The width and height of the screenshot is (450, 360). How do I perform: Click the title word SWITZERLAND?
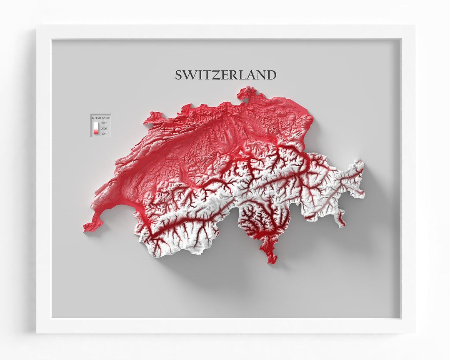pyautogui.click(x=225, y=75)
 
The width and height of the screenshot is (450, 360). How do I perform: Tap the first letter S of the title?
pyautogui.click(x=179, y=75)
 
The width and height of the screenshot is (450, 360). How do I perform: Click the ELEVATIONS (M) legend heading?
pyautogui.click(x=100, y=118)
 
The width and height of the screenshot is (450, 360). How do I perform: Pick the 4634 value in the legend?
pyautogui.click(x=104, y=123)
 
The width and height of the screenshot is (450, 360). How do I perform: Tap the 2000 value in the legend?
pyautogui.click(x=104, y=128)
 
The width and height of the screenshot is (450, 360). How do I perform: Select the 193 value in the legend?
pyautogui.click(x=103, y=133)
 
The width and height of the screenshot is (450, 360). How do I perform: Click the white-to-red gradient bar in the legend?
pyautogui.click(x=95, y=128)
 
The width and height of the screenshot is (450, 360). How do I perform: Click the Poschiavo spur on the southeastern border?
pyautogui.click(x=341, y=219)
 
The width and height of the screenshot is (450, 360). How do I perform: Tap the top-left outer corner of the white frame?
pyautogui.click(x=37, y=25)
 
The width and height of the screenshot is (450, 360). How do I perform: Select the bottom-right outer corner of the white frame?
pyautogui.click(x=414, y=333)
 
